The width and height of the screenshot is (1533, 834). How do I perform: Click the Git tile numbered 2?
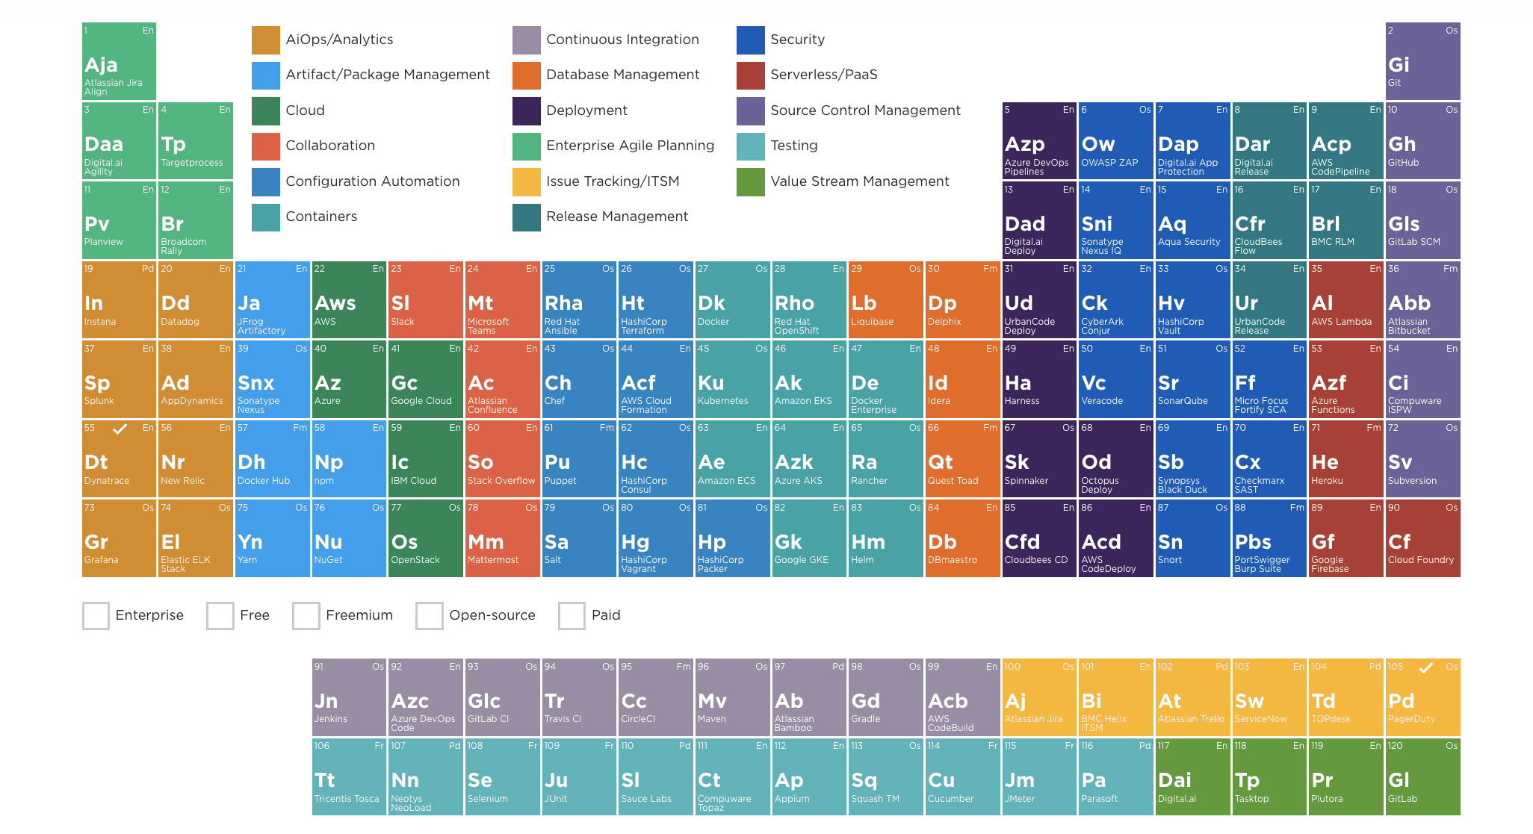(x=1422, y=61)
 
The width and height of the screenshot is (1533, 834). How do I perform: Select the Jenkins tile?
(x=349, y=697)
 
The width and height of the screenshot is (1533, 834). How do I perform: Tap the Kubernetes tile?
(x=732, y=379)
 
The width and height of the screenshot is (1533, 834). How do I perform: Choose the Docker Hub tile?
(x=272, y=458)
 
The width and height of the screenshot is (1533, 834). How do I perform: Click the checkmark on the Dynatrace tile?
(x=120, y=429)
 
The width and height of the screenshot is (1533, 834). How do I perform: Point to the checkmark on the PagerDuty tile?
(x=1425, y=667)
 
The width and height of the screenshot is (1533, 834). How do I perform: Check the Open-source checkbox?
(x=430, y=616)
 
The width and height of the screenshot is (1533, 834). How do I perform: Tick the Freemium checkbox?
(x=306, y=616)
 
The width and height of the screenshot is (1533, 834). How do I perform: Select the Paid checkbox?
(x=572, y=616)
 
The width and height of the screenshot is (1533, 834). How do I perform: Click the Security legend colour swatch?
(x=750, y=40)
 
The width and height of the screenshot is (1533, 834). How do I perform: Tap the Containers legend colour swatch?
(x=266, y=217)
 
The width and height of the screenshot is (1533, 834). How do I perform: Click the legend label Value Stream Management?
(x=859, y=181)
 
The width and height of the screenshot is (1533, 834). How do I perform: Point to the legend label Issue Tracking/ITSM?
(x=613, y=181)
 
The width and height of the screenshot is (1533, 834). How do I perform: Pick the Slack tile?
(x=426, y=299)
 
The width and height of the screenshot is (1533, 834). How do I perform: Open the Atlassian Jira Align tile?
(x=119, y=61)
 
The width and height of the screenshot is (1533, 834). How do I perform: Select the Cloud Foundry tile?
(x=1422, y=538)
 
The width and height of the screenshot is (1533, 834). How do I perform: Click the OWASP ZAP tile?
(x=1115, y=140)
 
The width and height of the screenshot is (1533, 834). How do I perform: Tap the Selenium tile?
(x=502, y=777)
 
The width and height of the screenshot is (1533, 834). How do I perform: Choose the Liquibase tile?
(x=885, y=299)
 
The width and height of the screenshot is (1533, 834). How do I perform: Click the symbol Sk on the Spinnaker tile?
(x=1017, y=462)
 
